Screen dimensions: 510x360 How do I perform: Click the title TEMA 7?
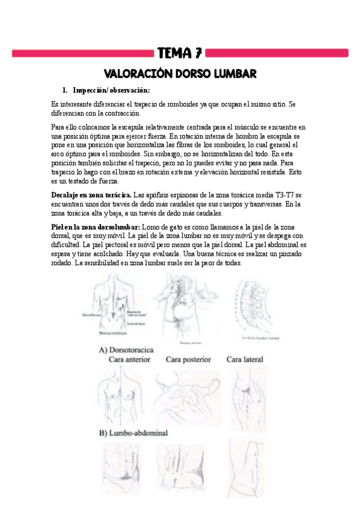click(x=180, y=53)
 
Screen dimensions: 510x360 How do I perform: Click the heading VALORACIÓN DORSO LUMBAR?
click(x=180, y=73)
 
